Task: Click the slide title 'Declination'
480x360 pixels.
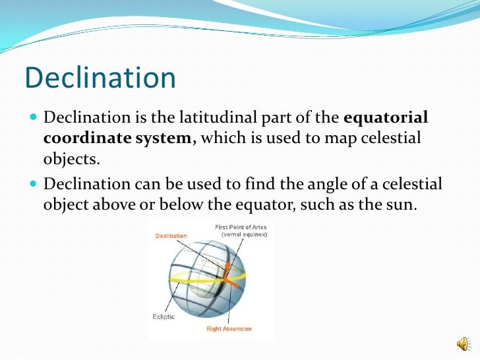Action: [100, 78]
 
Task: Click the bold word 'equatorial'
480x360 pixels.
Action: [386, 117]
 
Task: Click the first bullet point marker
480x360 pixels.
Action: [33, 117]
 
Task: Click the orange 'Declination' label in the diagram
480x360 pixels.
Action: [171, 235]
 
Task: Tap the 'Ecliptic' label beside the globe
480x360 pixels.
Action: [165, 316]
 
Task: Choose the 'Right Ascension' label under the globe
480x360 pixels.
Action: [227, 328]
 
